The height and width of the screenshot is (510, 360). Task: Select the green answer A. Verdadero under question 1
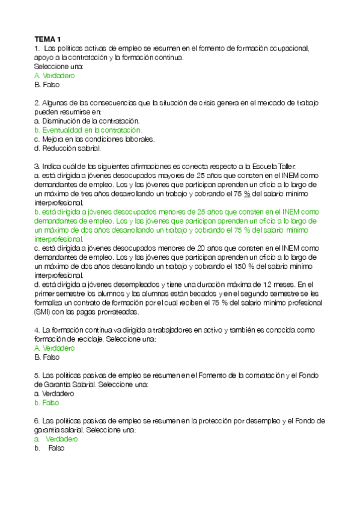(x=55, y=76)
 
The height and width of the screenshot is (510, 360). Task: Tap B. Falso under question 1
(x=47, y=85)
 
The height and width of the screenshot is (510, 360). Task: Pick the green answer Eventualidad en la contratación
(x=91, y=130)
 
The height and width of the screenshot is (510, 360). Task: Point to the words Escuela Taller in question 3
(x=277, y=166)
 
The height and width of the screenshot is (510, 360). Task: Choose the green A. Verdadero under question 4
(x=55, y=348)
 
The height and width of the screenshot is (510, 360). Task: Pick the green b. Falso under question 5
(x=47, y=403)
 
